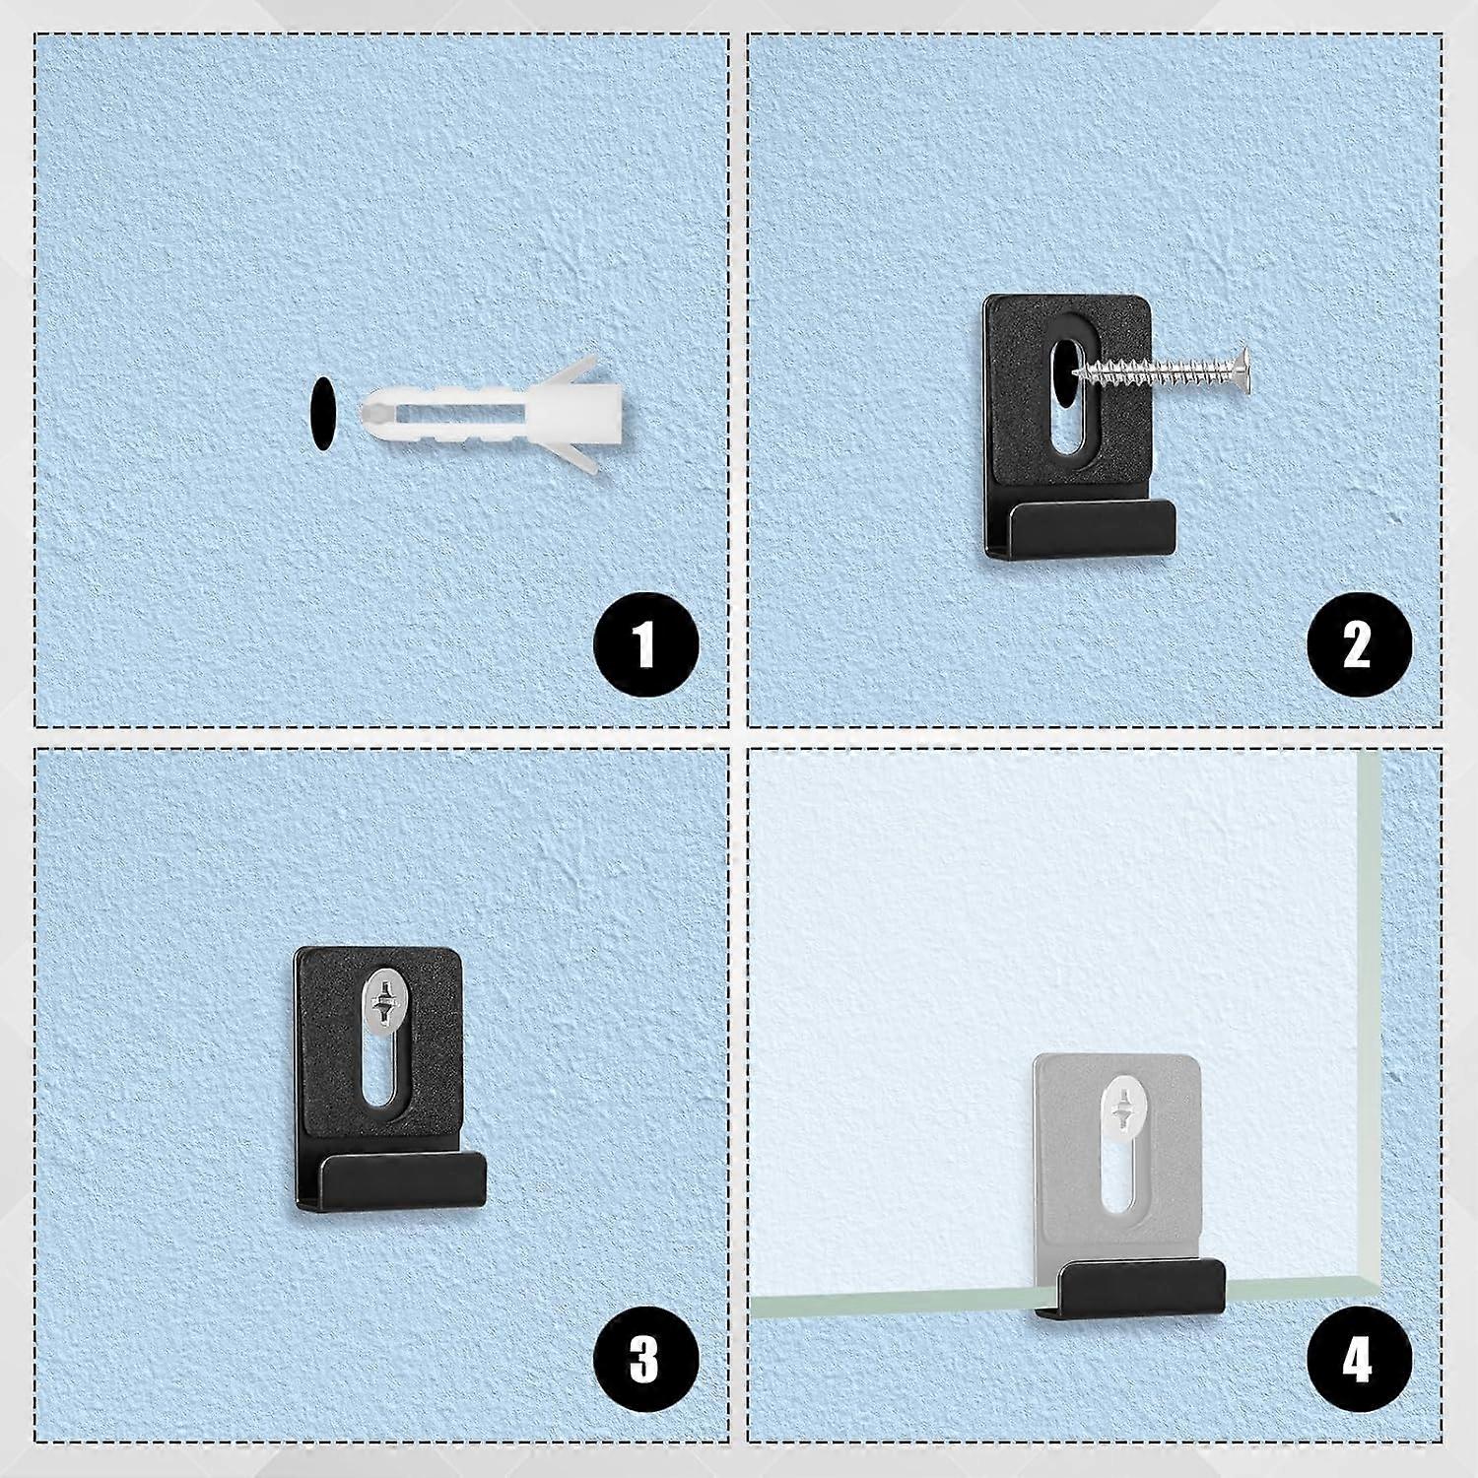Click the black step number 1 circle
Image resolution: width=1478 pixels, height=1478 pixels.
(x=645, y=647)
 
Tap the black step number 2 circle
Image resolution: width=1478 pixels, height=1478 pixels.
(x=1359, y=647)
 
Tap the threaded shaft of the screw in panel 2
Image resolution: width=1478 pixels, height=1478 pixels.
(x=1153, y=372)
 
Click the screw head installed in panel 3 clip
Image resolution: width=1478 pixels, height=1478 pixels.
(x=378, y=999)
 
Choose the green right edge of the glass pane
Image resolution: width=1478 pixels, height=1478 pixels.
(x=1371, y=985)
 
